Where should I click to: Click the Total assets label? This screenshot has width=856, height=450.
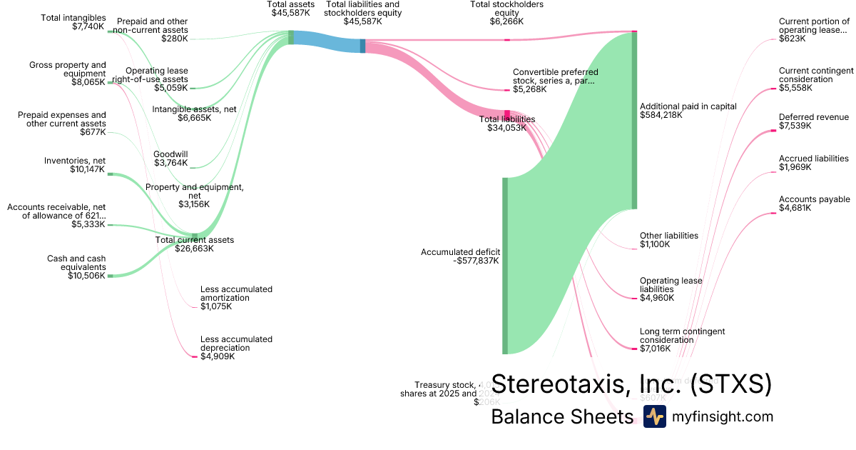(292, 4)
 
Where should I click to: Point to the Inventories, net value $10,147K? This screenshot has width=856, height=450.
(86, 169)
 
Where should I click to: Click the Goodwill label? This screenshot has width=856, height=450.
(170, 154)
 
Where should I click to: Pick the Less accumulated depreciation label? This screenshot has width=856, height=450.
(236, 344)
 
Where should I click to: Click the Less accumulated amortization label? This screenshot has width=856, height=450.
(236, 294)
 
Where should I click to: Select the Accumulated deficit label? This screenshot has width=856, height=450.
(460, 252)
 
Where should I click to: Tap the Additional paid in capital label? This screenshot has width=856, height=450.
(688, 106)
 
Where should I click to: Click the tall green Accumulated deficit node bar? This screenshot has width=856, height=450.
(505, 265)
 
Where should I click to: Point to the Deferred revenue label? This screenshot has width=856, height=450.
(813, 117)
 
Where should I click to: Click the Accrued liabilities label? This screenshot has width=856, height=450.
(813, 159)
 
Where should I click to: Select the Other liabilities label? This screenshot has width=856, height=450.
(668, 236)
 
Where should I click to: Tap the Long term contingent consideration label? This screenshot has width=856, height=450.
(682, 336)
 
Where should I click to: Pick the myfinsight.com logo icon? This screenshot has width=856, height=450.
(654, 416)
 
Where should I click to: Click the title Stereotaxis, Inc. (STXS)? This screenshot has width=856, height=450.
(631, 384)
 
